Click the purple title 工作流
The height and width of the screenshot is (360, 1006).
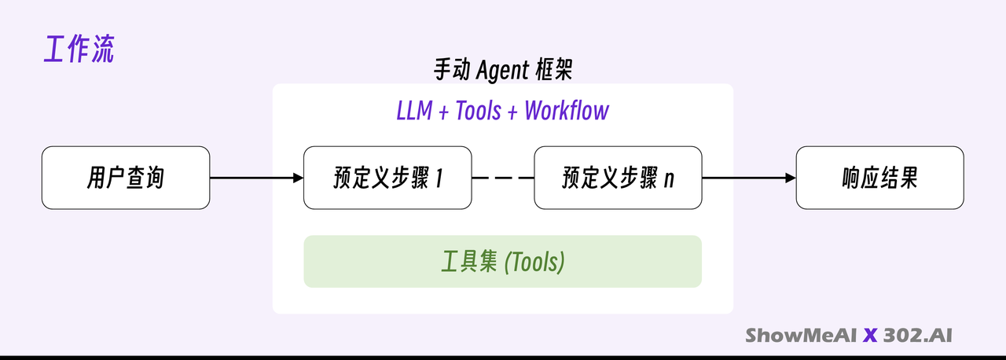[x=79, y=49]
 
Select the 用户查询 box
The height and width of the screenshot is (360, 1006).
[x=126, y=178]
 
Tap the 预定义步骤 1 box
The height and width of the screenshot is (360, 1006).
[x=387, y=178]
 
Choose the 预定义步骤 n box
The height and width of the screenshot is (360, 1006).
[x=618, y=178]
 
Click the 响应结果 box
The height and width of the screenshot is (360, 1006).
[x=879, y=178]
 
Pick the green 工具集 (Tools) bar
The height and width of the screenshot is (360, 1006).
[x=502, y=261]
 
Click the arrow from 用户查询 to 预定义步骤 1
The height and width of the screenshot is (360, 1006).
[x=256, y=178]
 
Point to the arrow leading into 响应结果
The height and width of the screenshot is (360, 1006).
[x=749, y=178]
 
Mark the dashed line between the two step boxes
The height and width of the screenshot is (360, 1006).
[x=503, y=178]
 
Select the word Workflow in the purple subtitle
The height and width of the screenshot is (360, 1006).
[x=567, y=110]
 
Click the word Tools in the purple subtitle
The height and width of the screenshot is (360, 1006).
[x=479, y=110]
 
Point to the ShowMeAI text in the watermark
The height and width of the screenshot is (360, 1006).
[x=801, y=336]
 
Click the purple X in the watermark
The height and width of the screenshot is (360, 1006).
[x=870, y=336]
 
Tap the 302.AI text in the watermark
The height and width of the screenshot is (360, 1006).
[x=917, y=336]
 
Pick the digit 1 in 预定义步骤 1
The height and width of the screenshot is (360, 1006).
[x=439, y=178]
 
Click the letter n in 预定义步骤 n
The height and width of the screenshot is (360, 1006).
[x=669, y=180]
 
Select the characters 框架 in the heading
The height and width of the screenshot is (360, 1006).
[x=554, y=70]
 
